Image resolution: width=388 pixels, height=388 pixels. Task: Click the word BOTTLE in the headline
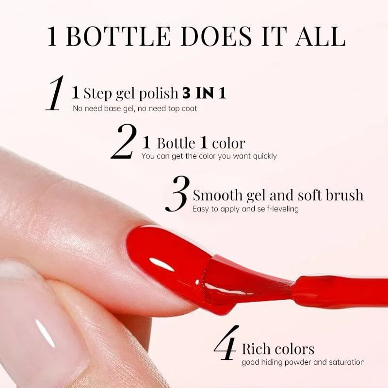[118, 36]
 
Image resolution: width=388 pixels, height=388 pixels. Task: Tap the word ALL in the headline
[321, 36]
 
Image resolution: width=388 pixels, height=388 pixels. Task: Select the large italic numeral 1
[55, 93]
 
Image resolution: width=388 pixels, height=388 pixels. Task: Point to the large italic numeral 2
[124, 141]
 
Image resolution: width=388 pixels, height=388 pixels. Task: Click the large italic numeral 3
[178, 194]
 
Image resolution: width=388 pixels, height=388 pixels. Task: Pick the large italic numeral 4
[226, 343]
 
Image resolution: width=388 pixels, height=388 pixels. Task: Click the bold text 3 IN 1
[204, 93]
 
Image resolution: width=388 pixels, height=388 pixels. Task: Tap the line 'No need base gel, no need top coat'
[135, 108]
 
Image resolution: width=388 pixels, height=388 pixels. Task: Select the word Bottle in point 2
[176, 143]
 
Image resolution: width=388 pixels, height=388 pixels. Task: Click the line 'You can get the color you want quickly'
[209, 156]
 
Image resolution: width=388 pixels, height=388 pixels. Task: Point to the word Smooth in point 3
[218, 195]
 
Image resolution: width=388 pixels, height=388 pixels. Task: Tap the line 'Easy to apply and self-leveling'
[245, 209]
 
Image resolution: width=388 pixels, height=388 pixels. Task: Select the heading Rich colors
[278, 349]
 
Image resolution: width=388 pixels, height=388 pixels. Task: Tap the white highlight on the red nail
[162, 264]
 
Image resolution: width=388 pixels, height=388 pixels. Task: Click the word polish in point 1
[159, 94]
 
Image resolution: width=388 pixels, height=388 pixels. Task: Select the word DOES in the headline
[216, 36]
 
